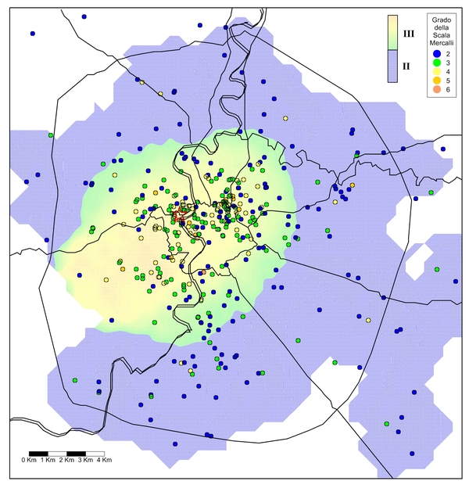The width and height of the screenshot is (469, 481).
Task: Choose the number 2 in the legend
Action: (448, 52)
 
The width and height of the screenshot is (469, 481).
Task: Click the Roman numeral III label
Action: (407, 34)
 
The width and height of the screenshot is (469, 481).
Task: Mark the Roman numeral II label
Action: (406, 66)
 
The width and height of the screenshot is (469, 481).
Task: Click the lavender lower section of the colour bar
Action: (392, 66)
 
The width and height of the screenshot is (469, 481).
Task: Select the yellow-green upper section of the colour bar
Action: (392, 33)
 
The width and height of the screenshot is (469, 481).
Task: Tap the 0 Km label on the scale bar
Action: (30, 460)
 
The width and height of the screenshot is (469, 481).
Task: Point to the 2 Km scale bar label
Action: (67, 460)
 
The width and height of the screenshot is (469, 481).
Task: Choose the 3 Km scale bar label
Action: (86, 460)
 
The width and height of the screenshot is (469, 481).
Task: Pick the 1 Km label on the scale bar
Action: (48, 460)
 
